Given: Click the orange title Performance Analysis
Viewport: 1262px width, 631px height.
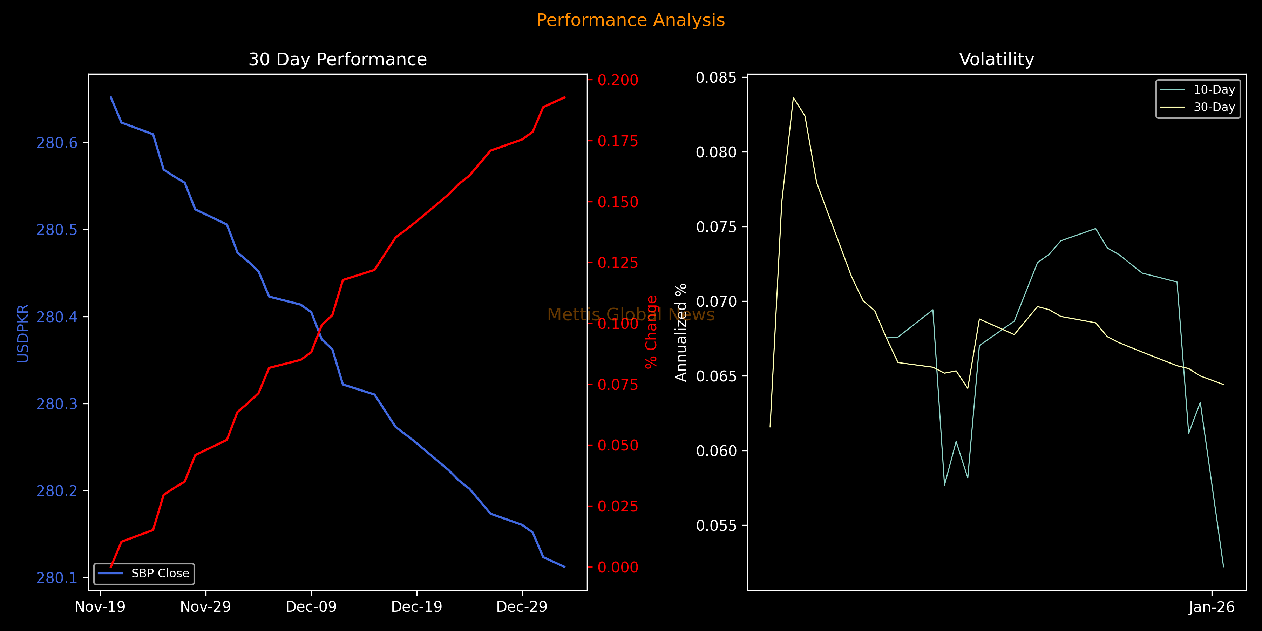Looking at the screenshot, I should pyautogui.click(x=631, y=20).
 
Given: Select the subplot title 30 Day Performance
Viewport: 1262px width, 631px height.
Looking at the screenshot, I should pyautogui.click(x=338, y=59).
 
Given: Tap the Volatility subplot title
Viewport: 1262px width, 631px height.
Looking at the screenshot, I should pyautogui.click(x=997, y=59).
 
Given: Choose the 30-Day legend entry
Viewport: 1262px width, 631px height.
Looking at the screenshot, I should pyautogui.click(x=1214, y=107).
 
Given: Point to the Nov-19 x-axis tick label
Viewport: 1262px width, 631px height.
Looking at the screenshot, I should pyautogui.click(x=100, y=607).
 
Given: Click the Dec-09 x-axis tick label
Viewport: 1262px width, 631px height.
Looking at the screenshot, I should pyautogui.click(x=311, y=607).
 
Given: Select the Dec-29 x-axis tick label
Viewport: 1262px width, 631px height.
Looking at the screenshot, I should pyautogui.click(x=522, y=607).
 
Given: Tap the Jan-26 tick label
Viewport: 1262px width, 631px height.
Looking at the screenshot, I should pyautogui.click(x=1212, y=607).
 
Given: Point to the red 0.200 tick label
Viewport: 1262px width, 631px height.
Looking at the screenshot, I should pyautogui.click(x=618, y=80).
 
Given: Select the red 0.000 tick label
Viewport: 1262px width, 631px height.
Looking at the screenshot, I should pyautogui.click(x=618, y=567).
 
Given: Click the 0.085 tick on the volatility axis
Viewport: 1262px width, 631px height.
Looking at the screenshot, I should pyautogui.click(x=716, y=77).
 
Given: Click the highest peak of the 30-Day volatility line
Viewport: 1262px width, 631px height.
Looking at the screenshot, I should pyautogui.click(x=793, y=97).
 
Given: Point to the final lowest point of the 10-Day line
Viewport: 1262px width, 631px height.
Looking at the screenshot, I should pyautogui.click(x=1223, y=567).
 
